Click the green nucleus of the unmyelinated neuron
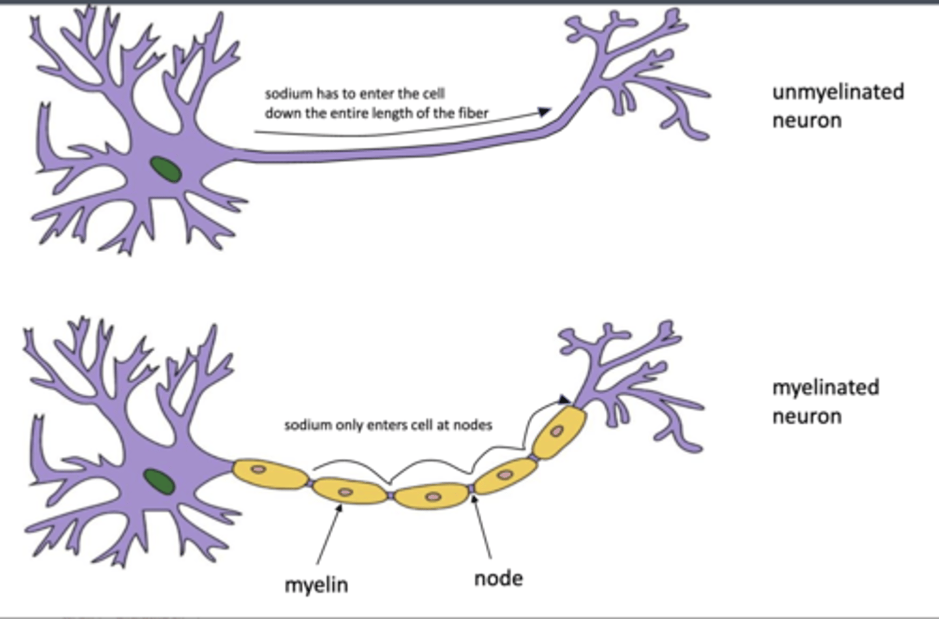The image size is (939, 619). coord(167,169)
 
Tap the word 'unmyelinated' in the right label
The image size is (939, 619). coord(838,92)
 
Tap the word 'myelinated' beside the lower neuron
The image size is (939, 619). coord(826,388)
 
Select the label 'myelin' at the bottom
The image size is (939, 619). coord(316,584)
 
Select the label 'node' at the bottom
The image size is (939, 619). coord(498,578)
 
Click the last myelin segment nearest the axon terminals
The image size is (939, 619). coord(559,433)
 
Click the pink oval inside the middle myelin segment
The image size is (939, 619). coord(433,497)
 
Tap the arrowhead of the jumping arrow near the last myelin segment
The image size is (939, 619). coord(565,399)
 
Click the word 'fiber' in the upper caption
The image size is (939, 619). coord(473,113)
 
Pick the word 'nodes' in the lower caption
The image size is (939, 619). coord(475,425)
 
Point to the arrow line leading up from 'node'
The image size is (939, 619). coord(483,528)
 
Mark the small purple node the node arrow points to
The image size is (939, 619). coord(471,489)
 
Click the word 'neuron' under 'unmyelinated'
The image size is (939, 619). coord(807,121)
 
